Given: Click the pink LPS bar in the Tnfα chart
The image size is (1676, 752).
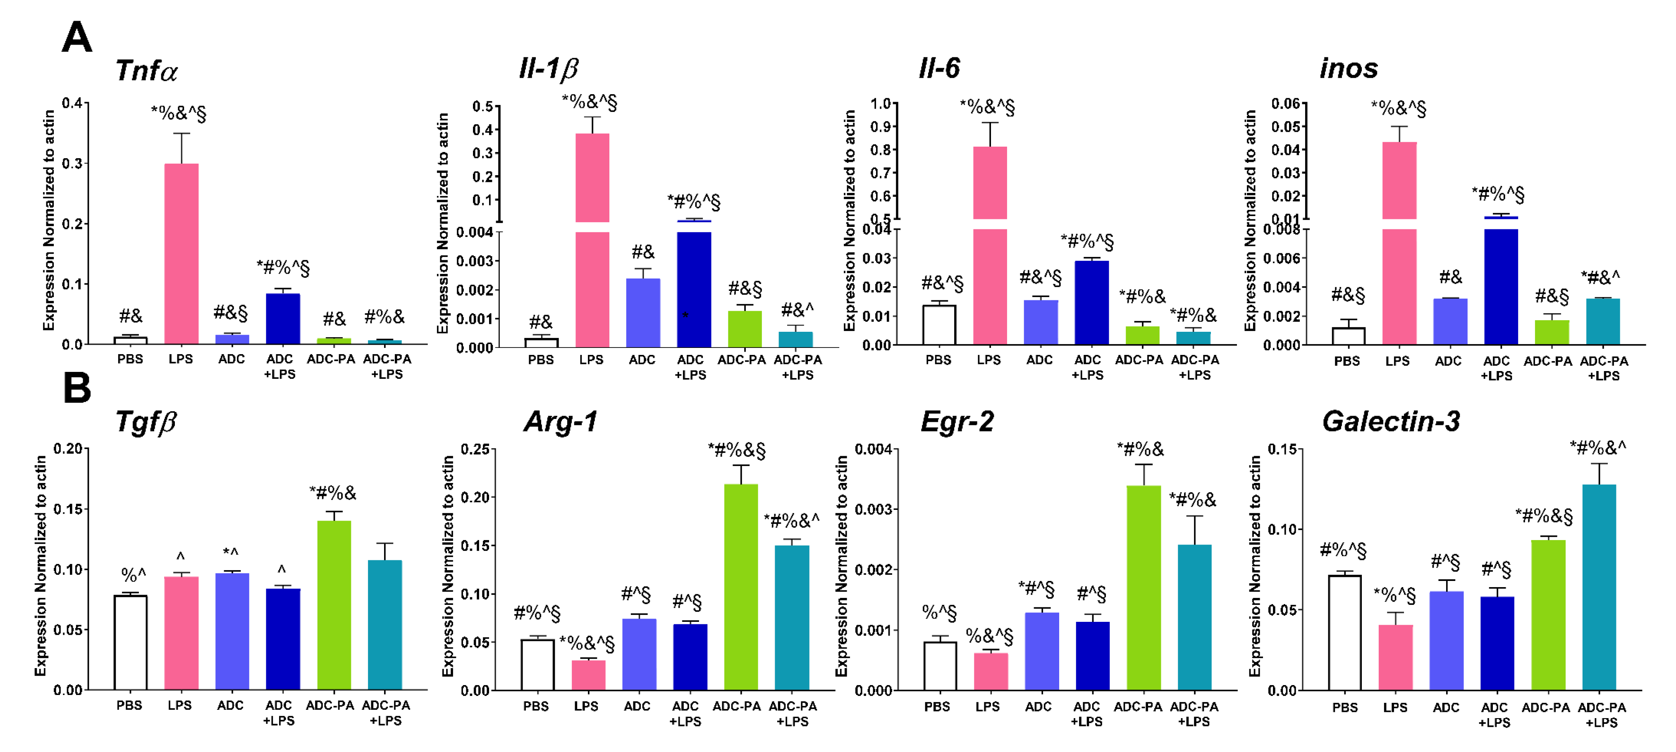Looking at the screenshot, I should click(x=181, y=254).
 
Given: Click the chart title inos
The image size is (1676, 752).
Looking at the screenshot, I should click(x=1348, y=68).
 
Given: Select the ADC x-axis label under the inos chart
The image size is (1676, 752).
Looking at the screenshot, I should click(x=1448, y=361).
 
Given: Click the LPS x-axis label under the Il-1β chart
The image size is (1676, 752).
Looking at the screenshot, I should click(x=591, y=360).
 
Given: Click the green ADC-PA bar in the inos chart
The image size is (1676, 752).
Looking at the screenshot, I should click(x=1551, y=332).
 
